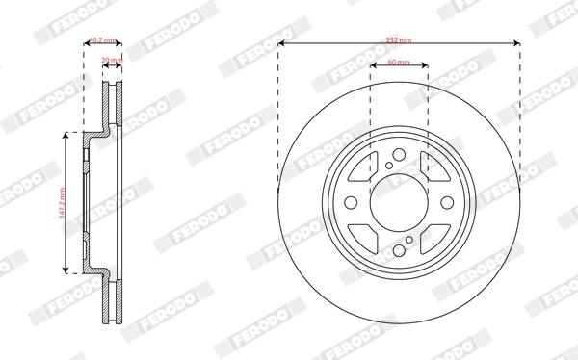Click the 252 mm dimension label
[x=399, y=40]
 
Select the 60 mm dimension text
[x=399, y=62]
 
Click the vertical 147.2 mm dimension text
[x=59, y=202]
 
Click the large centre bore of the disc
[x=399, y=203]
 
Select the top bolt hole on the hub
[x=399, y=161]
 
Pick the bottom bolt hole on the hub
[x=399, y=245]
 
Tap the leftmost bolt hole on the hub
[x=356, y=203]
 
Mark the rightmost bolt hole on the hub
[x=441, y=203]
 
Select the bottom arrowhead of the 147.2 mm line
[x=66, y=269]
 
